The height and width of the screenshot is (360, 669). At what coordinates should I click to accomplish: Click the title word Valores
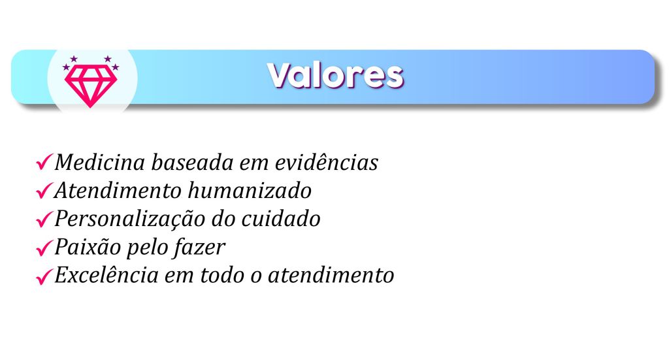coord(335,76)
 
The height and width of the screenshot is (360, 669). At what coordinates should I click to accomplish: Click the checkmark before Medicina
coord(44,162)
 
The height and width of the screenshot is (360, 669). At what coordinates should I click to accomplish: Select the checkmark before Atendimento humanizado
coord(44,190)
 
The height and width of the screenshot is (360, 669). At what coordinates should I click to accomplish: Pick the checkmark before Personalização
coord(44,219)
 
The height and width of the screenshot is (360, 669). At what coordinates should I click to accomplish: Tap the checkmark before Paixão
coord(44,248)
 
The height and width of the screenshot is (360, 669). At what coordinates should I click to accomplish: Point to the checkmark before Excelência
coord(44,276)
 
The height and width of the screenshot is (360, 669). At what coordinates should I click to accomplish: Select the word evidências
coord(327,163)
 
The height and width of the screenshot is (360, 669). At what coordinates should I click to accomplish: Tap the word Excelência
coord(106,275)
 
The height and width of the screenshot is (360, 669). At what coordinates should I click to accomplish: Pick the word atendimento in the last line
coord(331,275)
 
